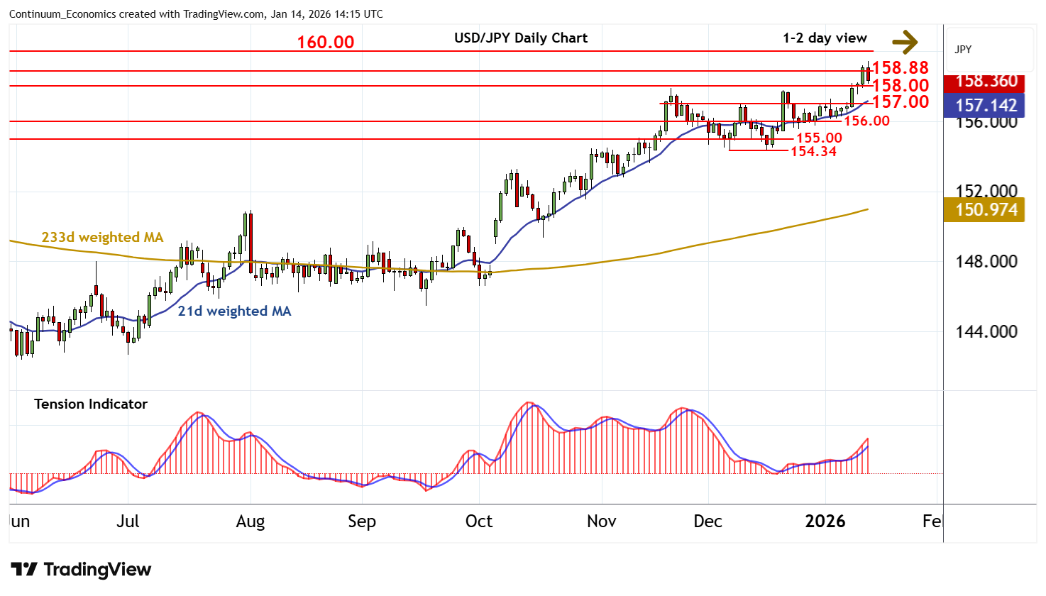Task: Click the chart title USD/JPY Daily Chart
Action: click(521, 38)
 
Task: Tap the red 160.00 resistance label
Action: click(325, 43)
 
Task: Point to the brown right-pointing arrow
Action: click(905, 42)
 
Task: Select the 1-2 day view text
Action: click(825, 38)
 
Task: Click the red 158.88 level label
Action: click(900, 68)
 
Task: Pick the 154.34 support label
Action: click(813, 151)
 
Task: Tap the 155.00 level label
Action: click(819, 138)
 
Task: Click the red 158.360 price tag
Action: click(986, 81)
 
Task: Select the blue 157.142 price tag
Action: click(986, 106)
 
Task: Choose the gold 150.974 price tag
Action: click(986, 210)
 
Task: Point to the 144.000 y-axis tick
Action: click(986, 331)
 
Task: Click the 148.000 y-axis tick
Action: click(986, 262)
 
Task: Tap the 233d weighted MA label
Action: click(102, 238)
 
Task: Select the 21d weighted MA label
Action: click(234, 311)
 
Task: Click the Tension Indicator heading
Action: click(91, 404)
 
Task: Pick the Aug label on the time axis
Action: click(251, 521)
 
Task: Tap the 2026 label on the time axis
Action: click(825, 521)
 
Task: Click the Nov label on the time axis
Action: click(601, 521)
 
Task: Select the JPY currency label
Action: click(963, 50)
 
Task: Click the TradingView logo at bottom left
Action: click(81, 570)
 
